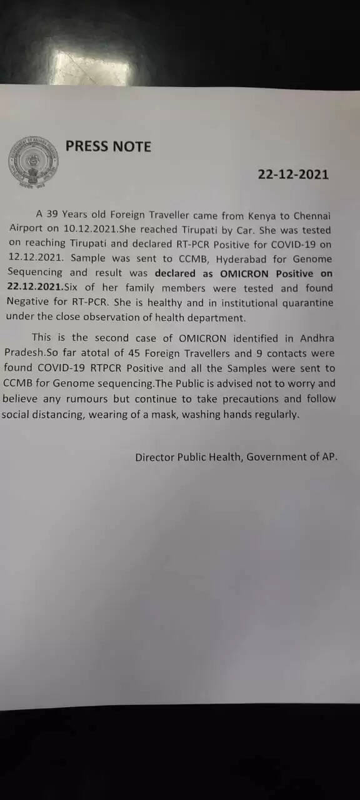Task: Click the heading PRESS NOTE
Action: click(x=108, y=146)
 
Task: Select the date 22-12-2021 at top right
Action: click(x=293, y=174)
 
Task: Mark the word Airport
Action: click(x=26, y=229)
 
